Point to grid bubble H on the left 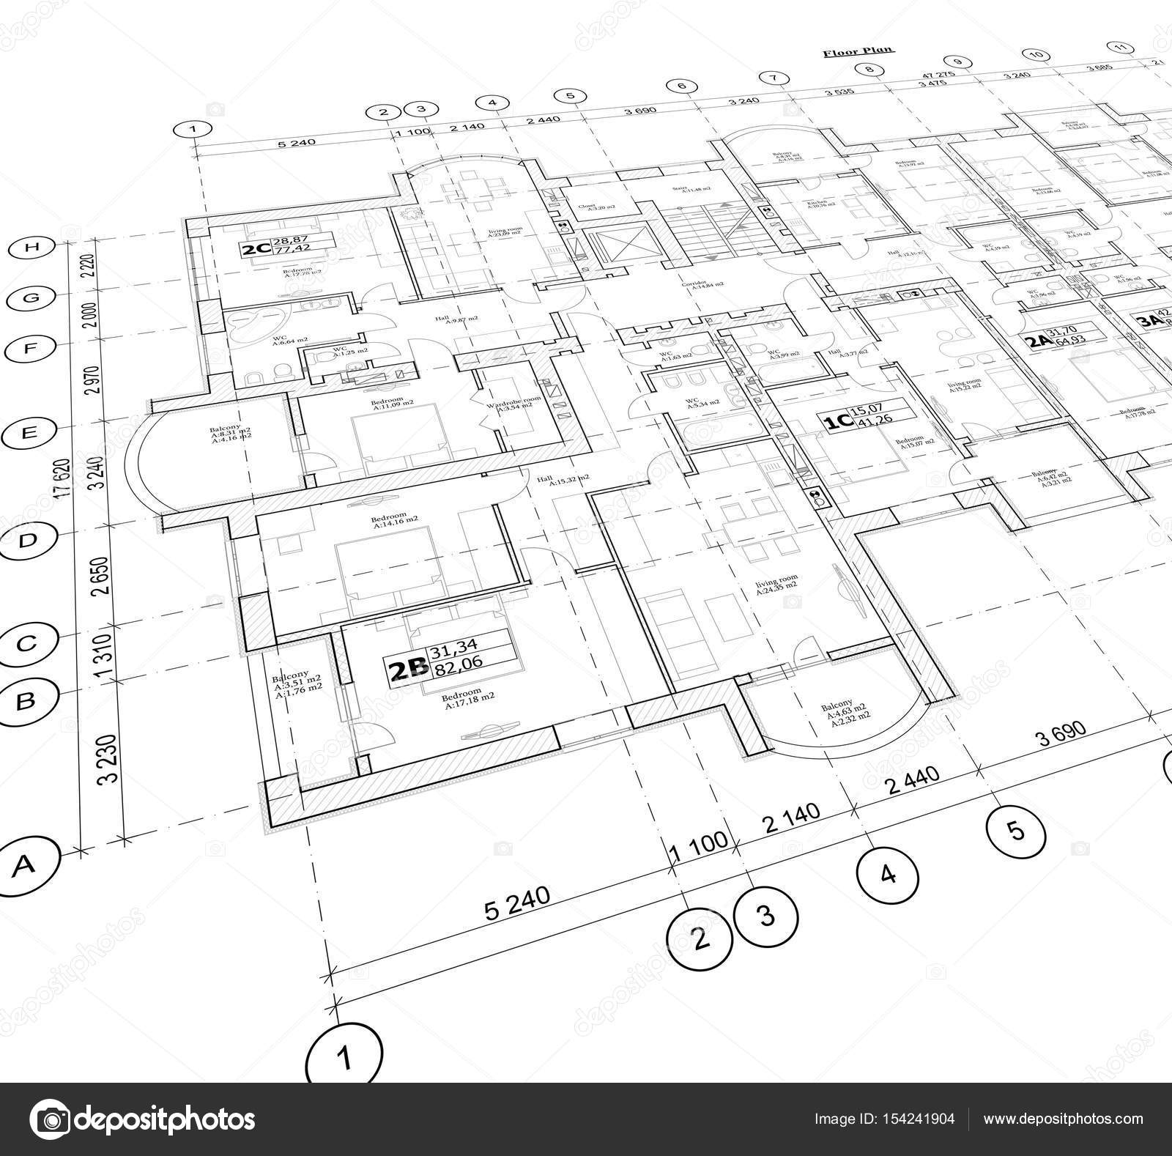pos(31,248)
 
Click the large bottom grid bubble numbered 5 pos(1015,830)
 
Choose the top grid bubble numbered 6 pos(682,86)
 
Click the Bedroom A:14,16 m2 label pos(395,522)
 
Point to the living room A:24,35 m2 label pos(777,584)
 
